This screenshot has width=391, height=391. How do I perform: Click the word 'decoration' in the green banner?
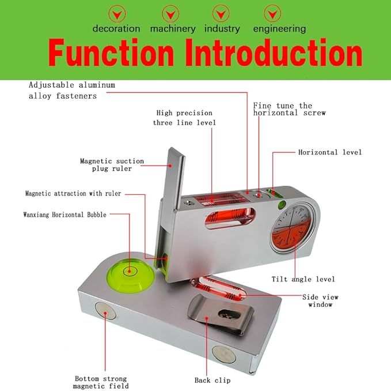116,28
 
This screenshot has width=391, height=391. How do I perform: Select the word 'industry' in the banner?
222,28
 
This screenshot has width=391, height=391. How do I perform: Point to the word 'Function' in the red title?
111,54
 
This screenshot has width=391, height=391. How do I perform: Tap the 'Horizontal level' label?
330,152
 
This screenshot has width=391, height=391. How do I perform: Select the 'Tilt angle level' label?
303,279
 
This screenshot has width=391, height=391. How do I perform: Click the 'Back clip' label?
213,380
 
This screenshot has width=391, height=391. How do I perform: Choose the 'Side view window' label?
321,300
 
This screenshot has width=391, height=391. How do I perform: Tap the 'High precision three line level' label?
184,118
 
